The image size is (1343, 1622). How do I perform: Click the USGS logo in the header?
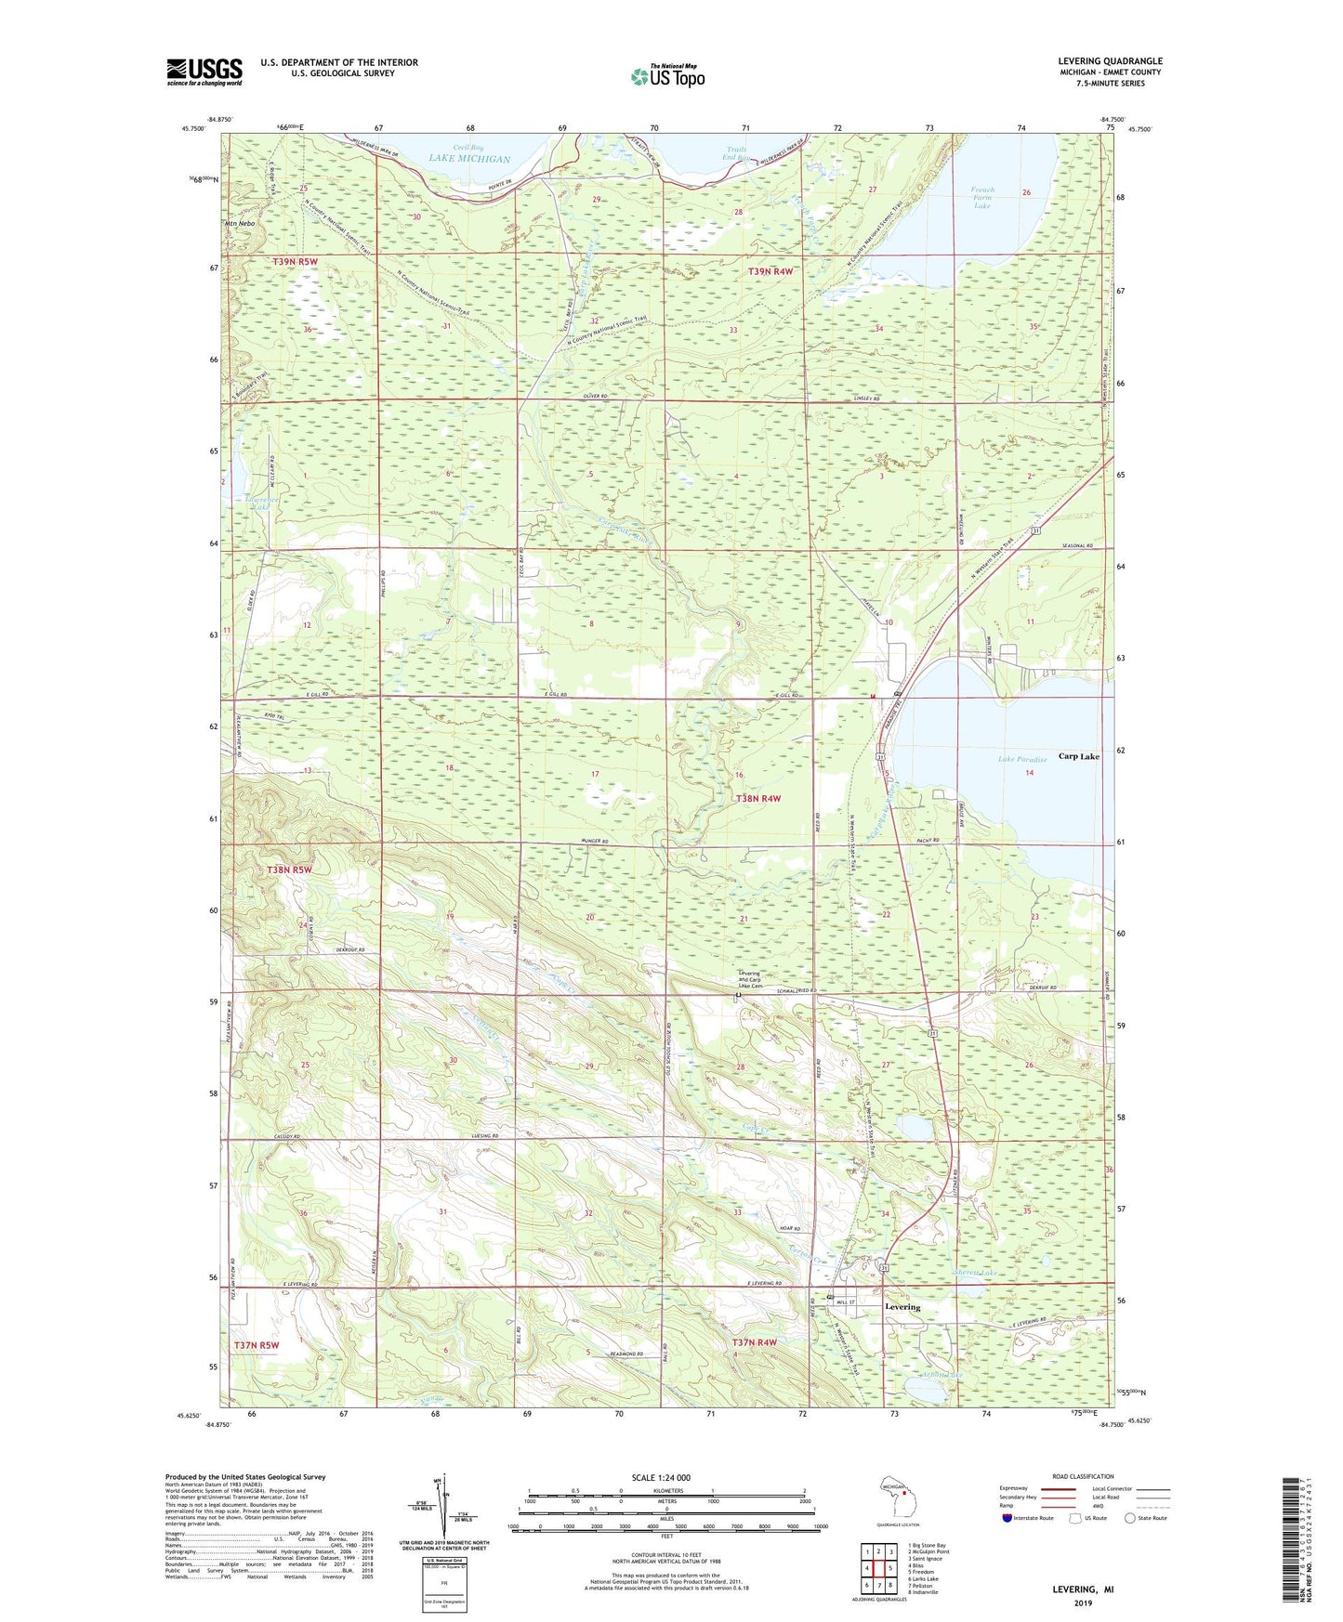204,71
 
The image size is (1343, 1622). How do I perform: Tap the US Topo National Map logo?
667,75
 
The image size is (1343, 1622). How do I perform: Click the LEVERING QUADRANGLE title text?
1110,61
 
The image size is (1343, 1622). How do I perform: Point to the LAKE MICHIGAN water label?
469,159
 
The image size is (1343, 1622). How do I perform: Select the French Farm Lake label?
982,197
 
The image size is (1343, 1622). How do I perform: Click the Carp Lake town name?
1078,756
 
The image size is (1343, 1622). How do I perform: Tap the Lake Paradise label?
1022,759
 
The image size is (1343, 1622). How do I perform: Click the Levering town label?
902,1306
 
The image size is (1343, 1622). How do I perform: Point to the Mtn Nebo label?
239,224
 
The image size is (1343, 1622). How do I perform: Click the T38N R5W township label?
289,870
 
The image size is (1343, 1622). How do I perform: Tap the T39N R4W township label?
770,271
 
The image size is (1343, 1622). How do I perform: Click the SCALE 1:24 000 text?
661,1478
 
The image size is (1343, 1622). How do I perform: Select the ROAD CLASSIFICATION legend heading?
1083,1476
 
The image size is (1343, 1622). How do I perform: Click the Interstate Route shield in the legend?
1007,1518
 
